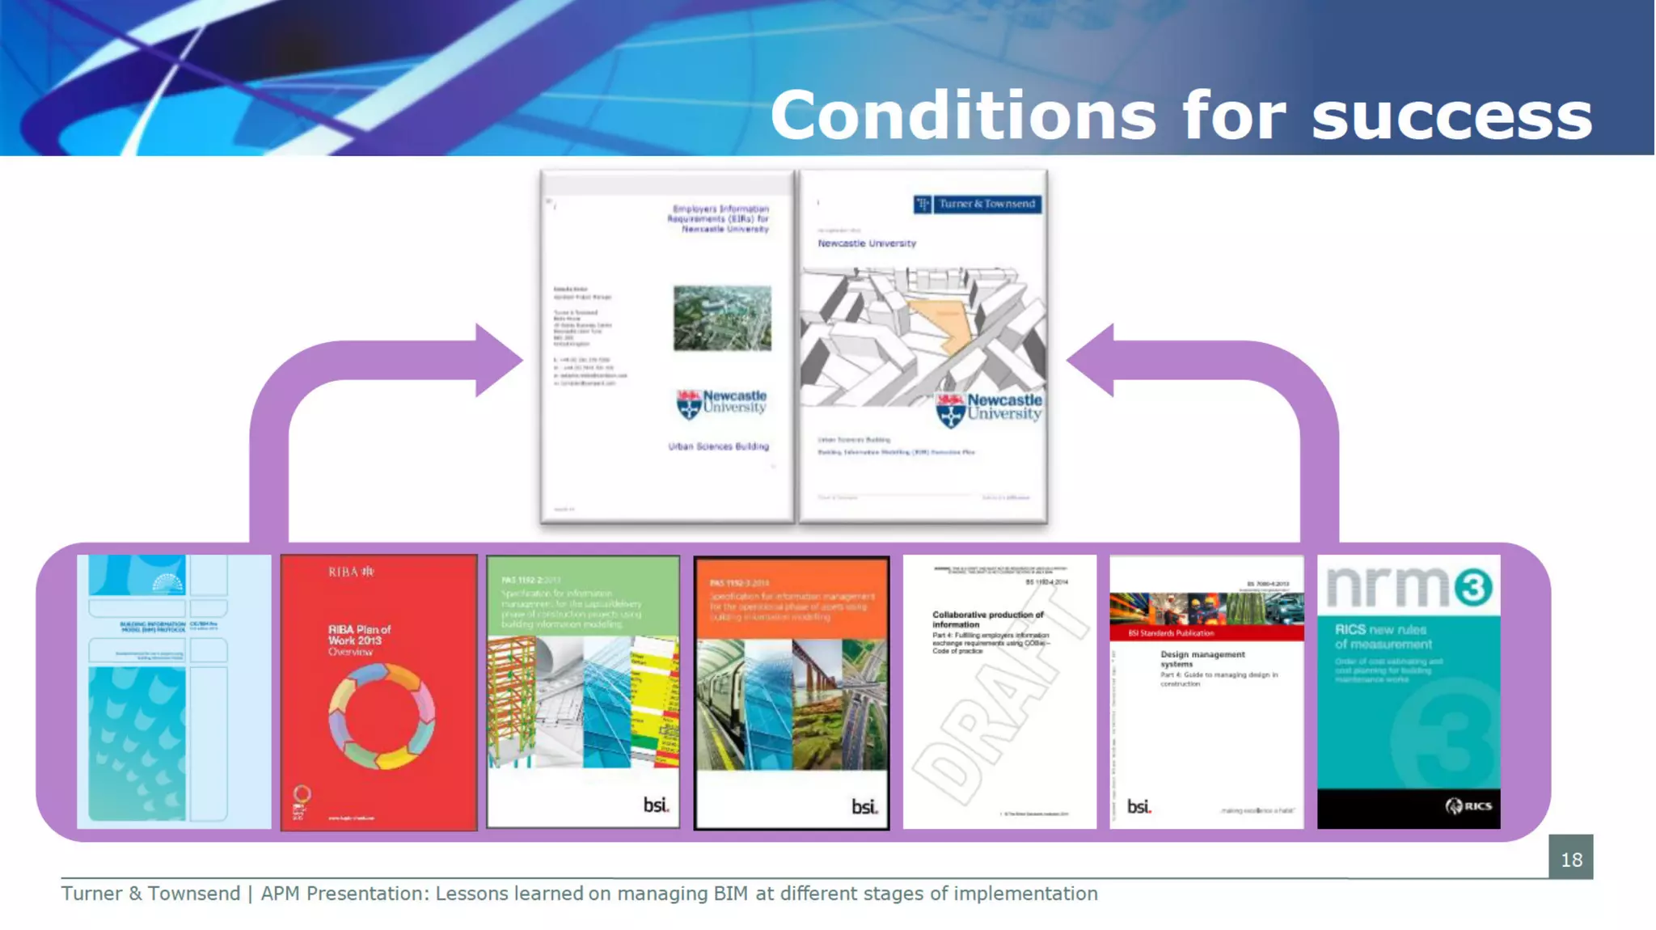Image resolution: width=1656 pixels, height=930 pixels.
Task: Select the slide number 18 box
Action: coord(1570,858)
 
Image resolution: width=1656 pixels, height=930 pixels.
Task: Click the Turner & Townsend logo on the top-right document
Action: coord(978,204)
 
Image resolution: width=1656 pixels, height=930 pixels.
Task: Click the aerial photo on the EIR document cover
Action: coord(722,318)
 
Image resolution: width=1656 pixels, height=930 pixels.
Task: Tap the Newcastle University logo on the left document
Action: coord(721,403)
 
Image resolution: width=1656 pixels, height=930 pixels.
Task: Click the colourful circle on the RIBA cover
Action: coord(381,717)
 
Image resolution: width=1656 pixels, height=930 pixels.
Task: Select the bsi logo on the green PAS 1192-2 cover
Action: coord(656,805)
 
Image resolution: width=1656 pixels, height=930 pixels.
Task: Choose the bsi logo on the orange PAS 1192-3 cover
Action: coord(864,806)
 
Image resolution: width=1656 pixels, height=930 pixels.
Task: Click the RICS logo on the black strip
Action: coord(1468,805)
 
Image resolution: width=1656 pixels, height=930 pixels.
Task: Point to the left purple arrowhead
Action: coord(497,361)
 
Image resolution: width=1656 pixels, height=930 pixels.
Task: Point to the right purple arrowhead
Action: coord(1092,361)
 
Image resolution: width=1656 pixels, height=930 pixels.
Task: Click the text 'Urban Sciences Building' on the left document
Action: coord(718,446)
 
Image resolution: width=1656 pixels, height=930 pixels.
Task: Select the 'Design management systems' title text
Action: coord(1202,658)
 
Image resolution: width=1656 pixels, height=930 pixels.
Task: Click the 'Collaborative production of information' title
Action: coord(987,619)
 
